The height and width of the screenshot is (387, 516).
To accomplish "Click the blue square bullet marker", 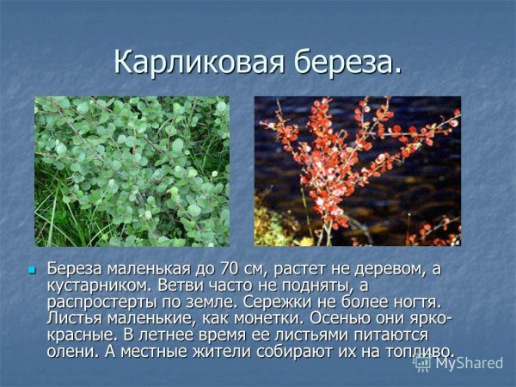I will [32, 270].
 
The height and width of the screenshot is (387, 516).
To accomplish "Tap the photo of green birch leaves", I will [132, 171].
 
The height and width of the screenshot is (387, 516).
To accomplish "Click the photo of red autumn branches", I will [357, 171].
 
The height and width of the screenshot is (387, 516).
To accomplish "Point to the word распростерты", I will [106, 302].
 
